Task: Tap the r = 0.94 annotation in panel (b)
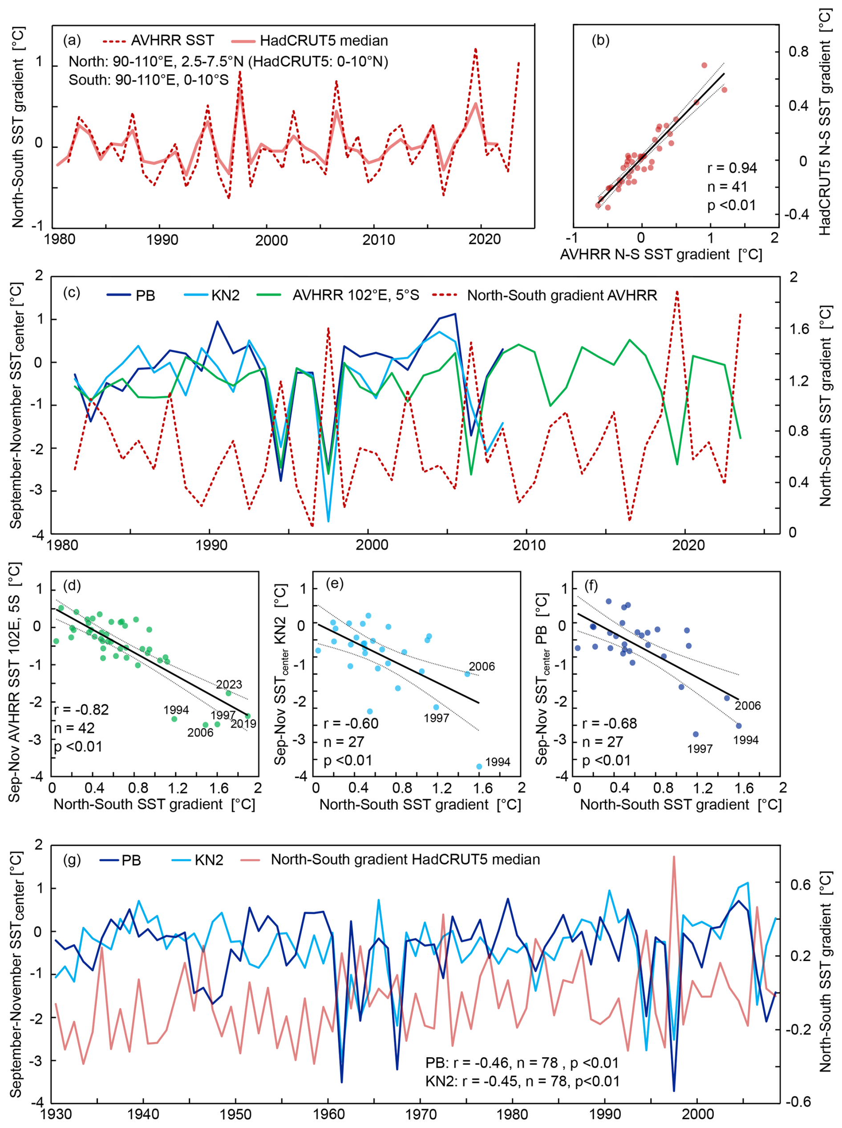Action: [731, 168]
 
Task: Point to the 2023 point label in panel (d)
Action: [229, 684]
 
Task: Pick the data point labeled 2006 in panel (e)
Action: [467, 674]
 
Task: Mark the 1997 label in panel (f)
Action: [699, 749]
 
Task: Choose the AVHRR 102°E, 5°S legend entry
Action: [355, 295]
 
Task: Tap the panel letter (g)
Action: [72, 859]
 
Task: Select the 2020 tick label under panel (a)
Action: [484, 239]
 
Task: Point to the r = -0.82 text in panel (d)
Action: [81, 709]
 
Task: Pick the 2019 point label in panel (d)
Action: [243, 723]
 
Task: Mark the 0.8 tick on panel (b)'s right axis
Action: [798, 52]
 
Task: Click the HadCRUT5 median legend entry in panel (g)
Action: [405, 859]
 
